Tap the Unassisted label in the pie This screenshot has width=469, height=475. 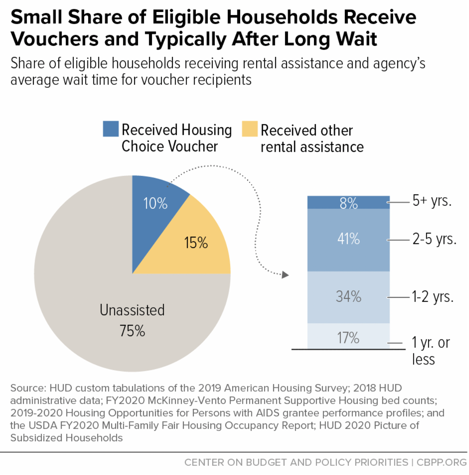132,310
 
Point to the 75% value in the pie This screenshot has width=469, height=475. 132,331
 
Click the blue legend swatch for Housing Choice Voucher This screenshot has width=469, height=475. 111,129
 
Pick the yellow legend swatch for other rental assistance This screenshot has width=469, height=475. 250,129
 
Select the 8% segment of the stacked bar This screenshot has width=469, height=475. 349,202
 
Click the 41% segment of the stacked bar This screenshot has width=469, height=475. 349,239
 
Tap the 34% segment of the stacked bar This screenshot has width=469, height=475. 349,297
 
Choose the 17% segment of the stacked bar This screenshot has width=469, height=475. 349,337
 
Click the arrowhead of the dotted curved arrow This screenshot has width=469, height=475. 286,275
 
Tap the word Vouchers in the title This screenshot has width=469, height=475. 54,39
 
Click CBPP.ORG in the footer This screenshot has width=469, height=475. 442,463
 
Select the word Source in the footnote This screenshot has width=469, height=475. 27,388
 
